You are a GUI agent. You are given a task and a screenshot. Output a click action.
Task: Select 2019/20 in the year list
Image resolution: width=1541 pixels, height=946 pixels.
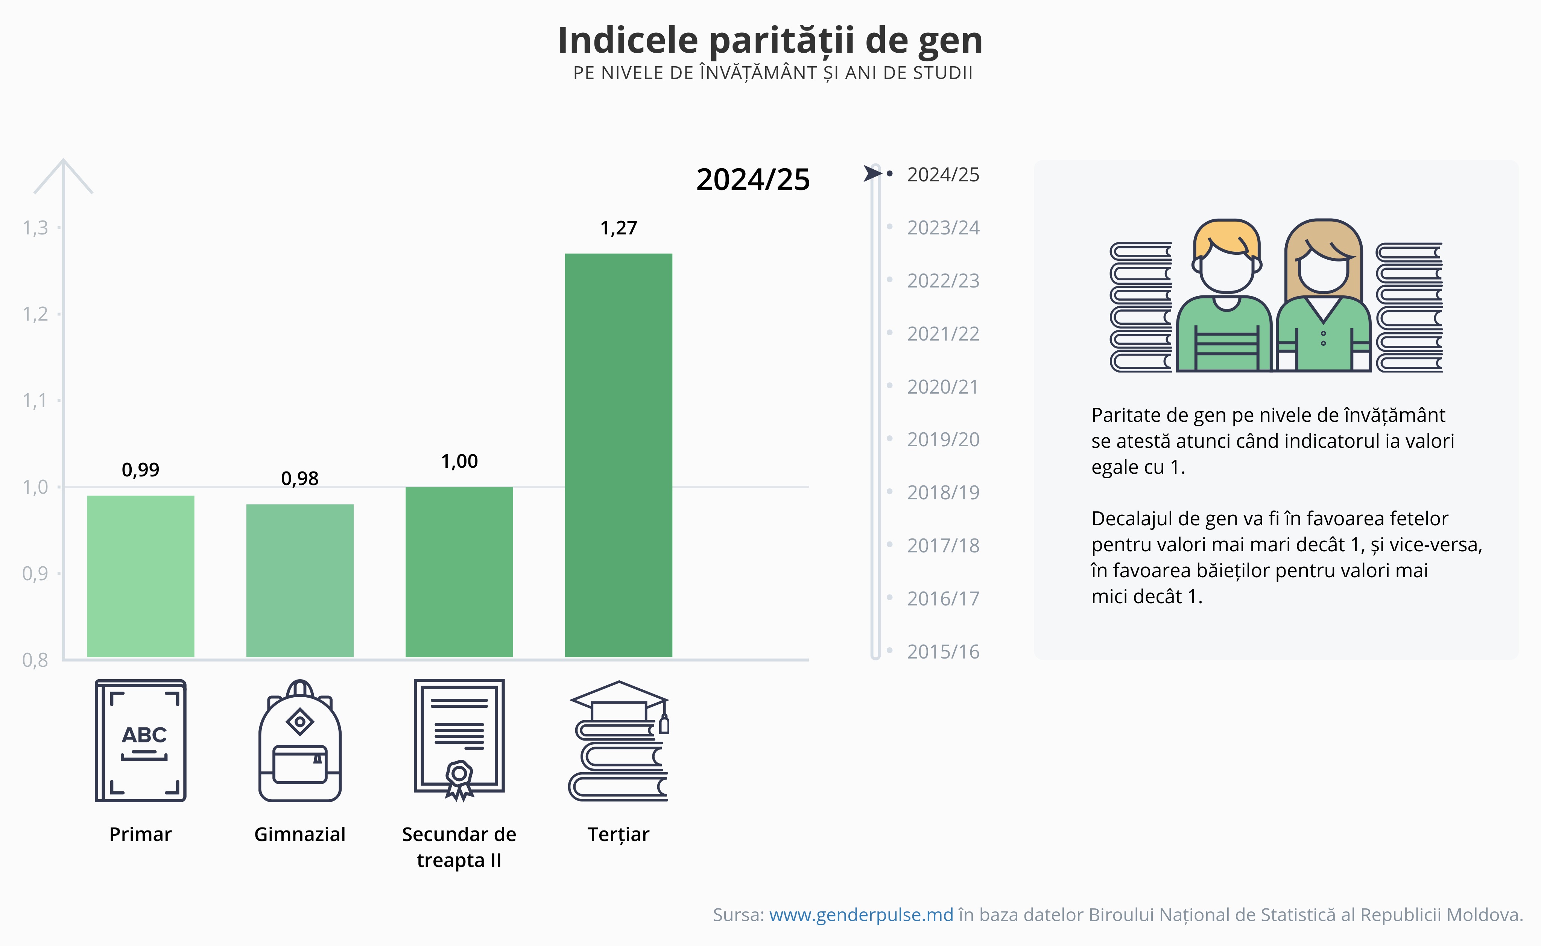(942, 440)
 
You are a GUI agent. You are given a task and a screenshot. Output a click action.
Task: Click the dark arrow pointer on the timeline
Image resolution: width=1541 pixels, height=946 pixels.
(872, 173)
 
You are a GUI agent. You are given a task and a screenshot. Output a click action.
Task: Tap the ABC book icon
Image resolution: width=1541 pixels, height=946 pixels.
(141, 740)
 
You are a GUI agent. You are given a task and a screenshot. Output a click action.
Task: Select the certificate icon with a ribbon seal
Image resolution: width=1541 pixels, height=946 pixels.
(459, 738)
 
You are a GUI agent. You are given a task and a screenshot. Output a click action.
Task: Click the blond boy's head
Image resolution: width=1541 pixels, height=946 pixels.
(1226, 257)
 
